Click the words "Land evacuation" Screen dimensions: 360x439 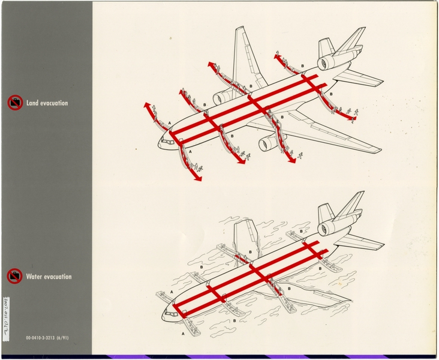tap(47, 103)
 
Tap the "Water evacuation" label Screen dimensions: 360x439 tap(48, 277)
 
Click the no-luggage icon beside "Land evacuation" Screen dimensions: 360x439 tap(15, 103)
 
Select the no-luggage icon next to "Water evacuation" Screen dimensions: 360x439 tap(15, 277)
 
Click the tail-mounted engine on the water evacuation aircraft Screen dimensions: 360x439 tap(328, 227)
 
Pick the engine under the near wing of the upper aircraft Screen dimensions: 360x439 tap(270, 143)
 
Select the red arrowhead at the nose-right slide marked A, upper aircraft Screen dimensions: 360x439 tap(198, 178)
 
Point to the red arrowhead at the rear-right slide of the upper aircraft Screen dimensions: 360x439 tap(353, 119)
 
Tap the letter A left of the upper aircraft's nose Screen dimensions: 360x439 tap(170, 122)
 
